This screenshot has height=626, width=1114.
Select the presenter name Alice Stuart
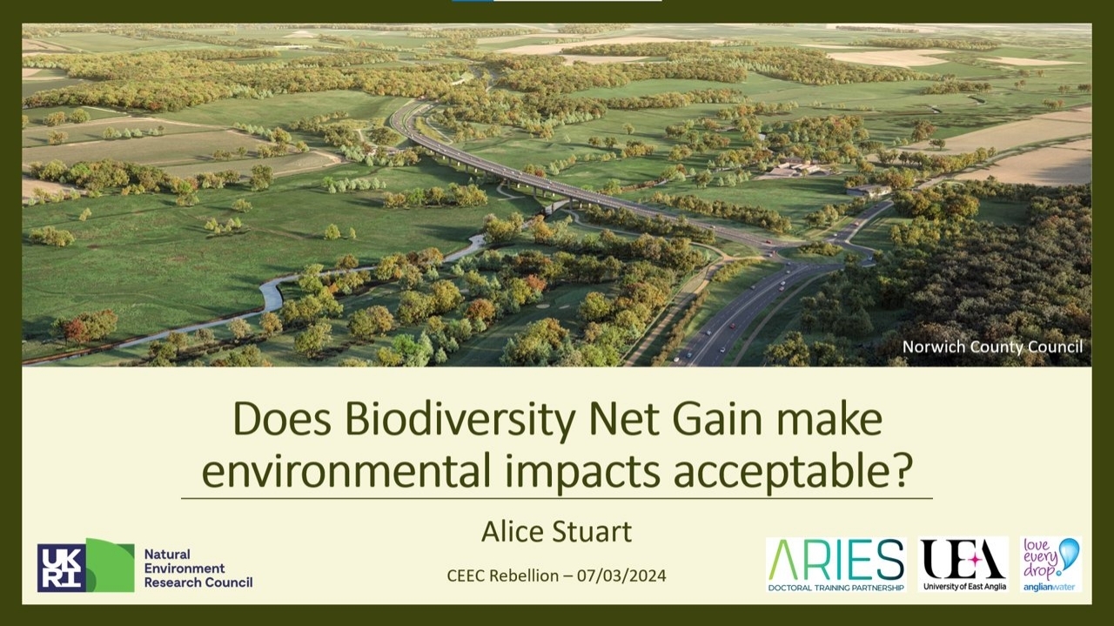click(x=556, y=531)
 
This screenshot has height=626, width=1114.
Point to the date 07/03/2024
click(x=621, y=576)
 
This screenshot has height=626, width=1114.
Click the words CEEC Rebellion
click(x=503, y=576)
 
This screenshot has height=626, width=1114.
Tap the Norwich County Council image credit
click(x=992, y=347)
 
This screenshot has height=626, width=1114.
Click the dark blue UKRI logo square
click(x=61, y=568)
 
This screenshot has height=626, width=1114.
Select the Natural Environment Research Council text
click(x=198, y=569)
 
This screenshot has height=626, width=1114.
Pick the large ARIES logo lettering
click(x=835, y=560)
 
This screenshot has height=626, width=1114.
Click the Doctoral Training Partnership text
click(x=836, y=588)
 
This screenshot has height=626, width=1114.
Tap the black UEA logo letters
click(x=963, y=559)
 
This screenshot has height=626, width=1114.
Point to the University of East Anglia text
click(x=964, y=586)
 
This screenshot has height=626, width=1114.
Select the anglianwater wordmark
click(x=1049, y=587)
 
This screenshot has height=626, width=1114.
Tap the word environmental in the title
click(x=346, y=470)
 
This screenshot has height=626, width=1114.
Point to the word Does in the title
click(x=282, y=420)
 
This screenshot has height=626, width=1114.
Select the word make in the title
click(x=829, y=420)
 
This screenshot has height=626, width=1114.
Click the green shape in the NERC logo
click(x=110, y=565)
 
